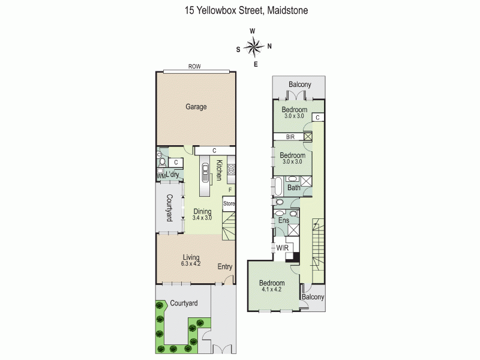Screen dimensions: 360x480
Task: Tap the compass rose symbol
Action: tap(254, 46)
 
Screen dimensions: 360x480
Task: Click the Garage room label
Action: tap(196, 107)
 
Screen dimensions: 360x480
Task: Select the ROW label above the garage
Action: tap(194, 67)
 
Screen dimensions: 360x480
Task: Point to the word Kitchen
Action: tap(220, 170)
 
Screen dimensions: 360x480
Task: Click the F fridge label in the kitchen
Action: tap(229, 190)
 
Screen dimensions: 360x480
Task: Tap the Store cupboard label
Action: tap(229, 203)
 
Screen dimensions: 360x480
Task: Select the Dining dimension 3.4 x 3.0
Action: tap(202, 218)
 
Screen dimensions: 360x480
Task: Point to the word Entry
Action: tap(224, 267)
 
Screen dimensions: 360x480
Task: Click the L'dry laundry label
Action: tap(173, 175)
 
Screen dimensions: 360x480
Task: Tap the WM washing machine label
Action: tap(160, 176)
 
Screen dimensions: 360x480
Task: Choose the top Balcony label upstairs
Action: tap(299, 85)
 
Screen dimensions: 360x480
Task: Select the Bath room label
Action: tap(293, 188)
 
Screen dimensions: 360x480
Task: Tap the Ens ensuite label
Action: tap(284, 221)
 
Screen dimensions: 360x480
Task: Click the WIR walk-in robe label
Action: tap(282, 248)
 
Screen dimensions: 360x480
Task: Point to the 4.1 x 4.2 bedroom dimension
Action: tap(271, 290)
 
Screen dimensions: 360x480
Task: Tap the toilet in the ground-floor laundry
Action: tap(161, 160)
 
